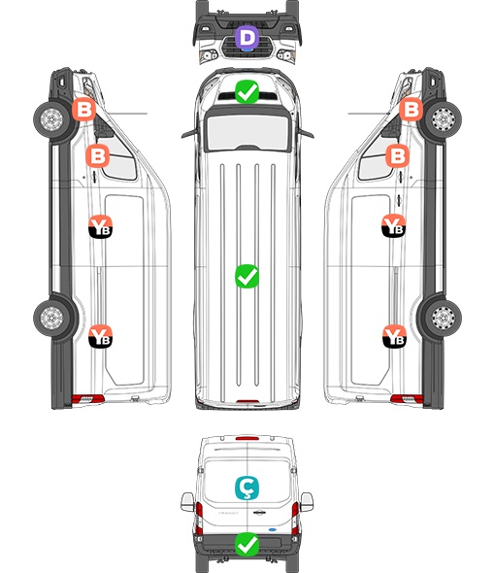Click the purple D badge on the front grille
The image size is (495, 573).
click(x=247, y=37)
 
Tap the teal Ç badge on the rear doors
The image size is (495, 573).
click(x=247, y=488)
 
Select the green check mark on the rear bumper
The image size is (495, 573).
click(x=247, y=544)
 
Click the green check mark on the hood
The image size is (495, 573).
click(x=247, y=91)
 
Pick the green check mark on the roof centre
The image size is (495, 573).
click(x=247, y=276)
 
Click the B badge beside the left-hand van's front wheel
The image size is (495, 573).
click(x=84, y=110)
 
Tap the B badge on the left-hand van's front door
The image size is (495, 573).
click(x=97, y=155)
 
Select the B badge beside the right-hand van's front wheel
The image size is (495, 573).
click(x=411, y=110)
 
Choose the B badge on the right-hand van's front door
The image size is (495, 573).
click(x=398, y=155)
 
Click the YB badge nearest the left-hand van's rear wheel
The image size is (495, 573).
click(x=101, y=336)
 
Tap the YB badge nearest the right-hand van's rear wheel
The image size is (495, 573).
click(x=394, y=336)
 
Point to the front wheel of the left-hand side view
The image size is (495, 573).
click(x=51, y=119)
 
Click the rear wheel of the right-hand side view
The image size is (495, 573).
click(x=444, y=318)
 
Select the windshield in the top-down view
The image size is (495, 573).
click(x=247, y=131)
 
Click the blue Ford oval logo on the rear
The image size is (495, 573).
click(x=272, y=529)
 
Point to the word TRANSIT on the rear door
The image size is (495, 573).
click(x=228, y=513)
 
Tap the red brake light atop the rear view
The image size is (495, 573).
click(x=247, y=438)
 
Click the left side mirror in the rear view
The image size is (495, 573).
click(x=187, y=502)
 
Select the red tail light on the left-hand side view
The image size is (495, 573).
click(x=88, y=399)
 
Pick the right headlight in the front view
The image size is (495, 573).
click(x=286, y=55)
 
